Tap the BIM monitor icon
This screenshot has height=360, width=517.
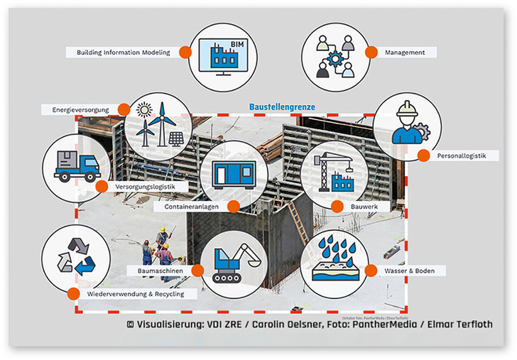point(224,55)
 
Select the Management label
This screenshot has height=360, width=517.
point(405,53)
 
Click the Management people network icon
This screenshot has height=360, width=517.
point(334,55)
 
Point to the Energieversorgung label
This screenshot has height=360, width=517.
point(80,110)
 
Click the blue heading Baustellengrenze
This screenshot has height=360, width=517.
point(282,108)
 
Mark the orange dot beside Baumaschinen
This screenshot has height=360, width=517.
point(199,271)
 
